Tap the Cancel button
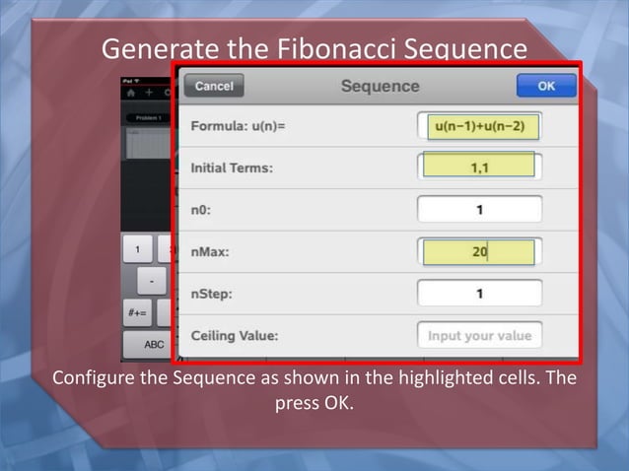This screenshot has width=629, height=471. (213, 86)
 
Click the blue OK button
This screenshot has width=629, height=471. (545, 86)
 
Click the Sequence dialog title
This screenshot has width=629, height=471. (380, 86)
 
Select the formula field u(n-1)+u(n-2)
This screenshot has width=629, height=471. (479, 126)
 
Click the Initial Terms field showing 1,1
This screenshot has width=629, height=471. (479, 168)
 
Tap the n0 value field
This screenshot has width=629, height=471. (479, 210)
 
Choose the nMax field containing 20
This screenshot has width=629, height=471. (479, 252)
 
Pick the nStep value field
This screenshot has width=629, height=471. (479, 294)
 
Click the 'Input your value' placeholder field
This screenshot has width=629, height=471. (479, 335)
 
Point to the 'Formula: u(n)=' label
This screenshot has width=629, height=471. (238, 127)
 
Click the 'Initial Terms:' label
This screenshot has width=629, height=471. (232, 168)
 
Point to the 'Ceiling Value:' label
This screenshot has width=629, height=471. (235, 336)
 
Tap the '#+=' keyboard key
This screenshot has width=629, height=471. (137, 313)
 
